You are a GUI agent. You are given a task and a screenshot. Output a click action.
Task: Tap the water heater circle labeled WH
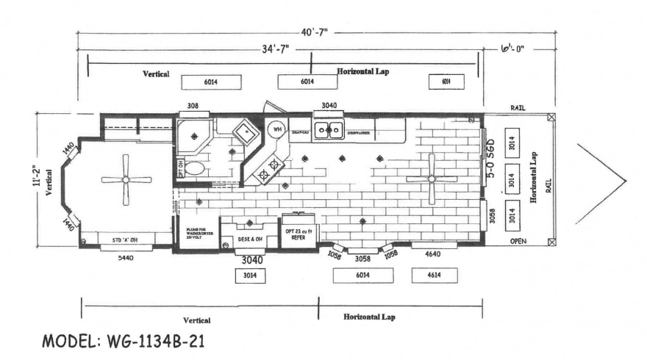coord(277,129)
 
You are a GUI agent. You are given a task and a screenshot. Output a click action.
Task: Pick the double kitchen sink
coord(327,130)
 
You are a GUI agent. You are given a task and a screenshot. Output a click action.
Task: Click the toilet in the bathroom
coord(194,168)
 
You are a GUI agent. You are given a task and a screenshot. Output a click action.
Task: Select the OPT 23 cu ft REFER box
coord(299,234)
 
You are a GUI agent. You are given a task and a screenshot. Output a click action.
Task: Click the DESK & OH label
coord(250,239)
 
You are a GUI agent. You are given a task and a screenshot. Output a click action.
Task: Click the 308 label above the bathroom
coord(193,107)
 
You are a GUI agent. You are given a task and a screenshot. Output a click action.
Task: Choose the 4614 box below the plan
coord(433,276)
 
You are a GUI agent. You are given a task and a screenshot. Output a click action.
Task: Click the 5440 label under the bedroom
coord(126,258)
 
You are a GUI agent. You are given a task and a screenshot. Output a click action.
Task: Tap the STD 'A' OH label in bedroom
coord(126,240)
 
